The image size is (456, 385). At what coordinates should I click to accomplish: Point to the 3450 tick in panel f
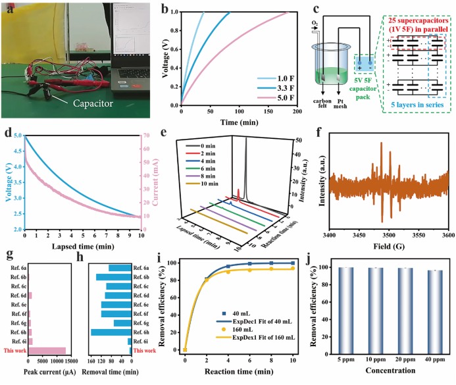[x=359, y=234]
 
